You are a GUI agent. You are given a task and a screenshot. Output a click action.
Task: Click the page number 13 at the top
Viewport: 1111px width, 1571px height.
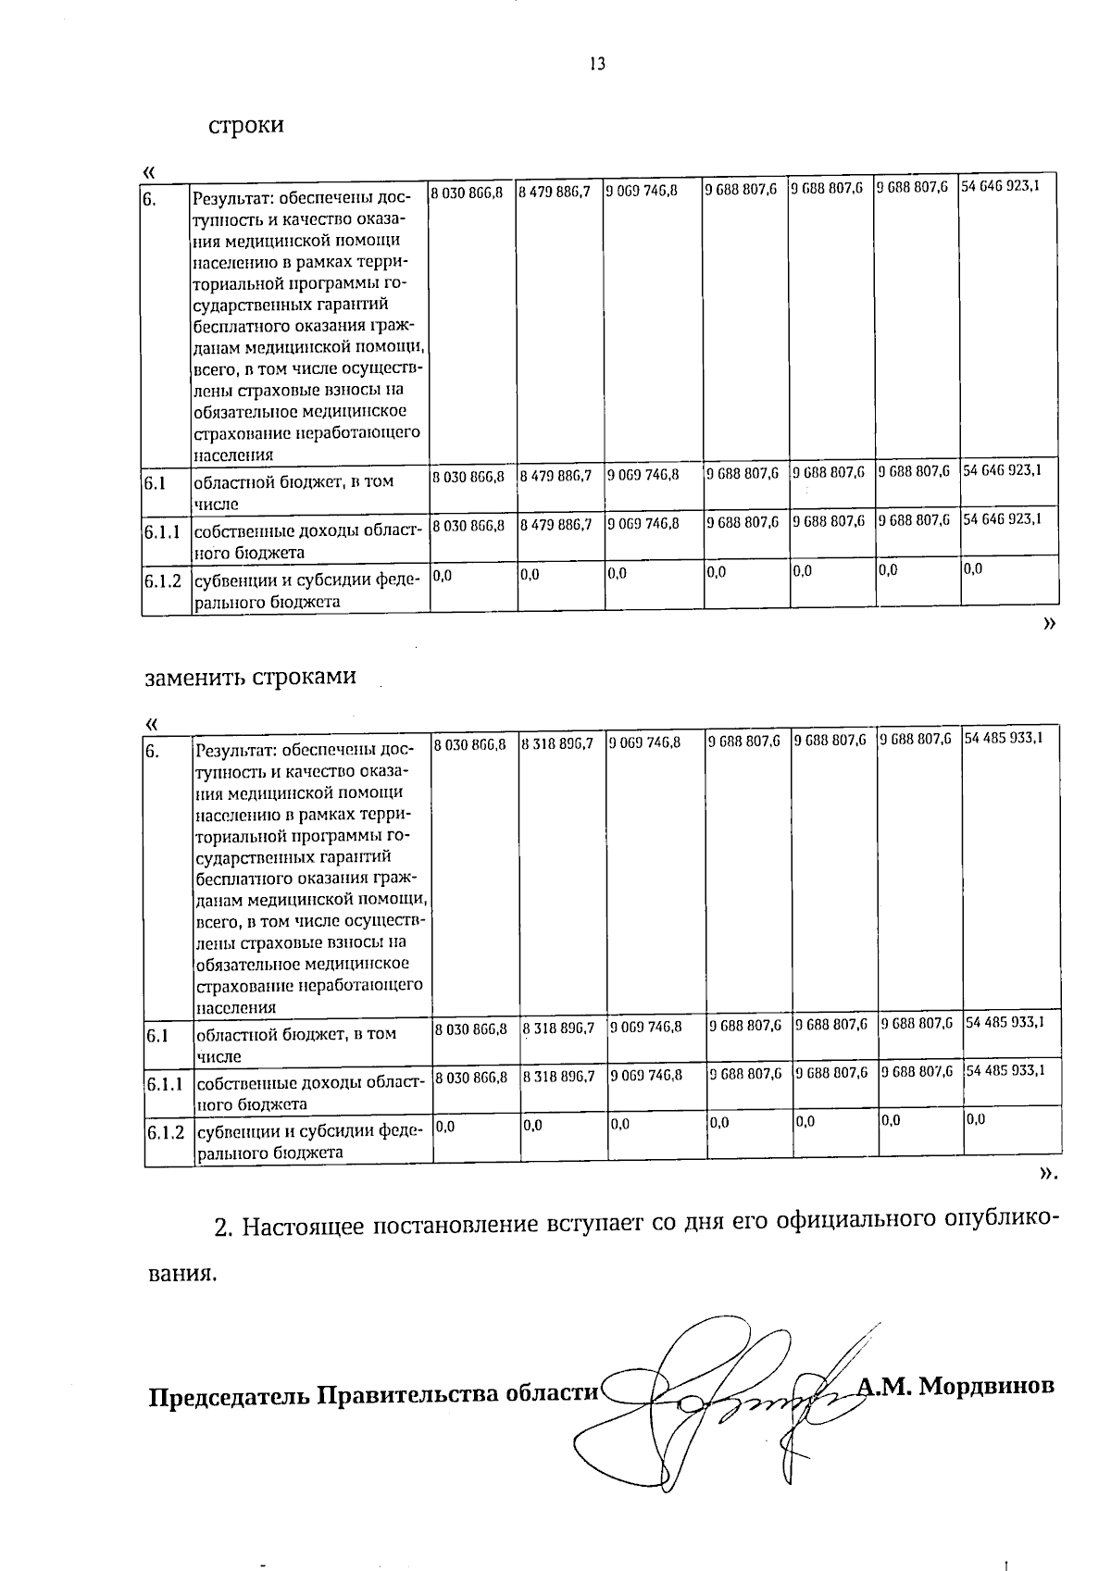(x=596, y=64)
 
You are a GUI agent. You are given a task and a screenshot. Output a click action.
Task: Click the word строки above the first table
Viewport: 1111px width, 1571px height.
(x=245, y=125)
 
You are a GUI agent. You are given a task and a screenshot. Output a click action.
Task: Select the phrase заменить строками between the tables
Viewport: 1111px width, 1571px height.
(x=251, y=677)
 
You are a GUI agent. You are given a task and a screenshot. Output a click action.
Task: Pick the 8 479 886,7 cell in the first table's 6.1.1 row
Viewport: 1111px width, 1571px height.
(x=555, y=524)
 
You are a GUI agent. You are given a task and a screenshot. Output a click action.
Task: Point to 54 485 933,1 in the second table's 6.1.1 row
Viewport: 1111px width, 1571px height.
(x=1005, y=1070)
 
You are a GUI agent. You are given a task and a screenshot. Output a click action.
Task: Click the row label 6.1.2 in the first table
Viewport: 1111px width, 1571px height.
(x=165, y=581)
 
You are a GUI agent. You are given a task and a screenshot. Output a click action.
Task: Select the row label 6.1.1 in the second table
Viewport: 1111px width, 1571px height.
(x=167, y=1083)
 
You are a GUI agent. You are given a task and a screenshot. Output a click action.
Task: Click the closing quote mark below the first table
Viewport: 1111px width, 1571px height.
(x=1048, y=625)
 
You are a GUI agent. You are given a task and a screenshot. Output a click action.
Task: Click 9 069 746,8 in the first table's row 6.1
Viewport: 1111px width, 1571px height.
(x=644, y=474)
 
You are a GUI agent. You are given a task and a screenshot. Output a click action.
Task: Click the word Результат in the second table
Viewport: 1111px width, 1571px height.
(x=236, y=750)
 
